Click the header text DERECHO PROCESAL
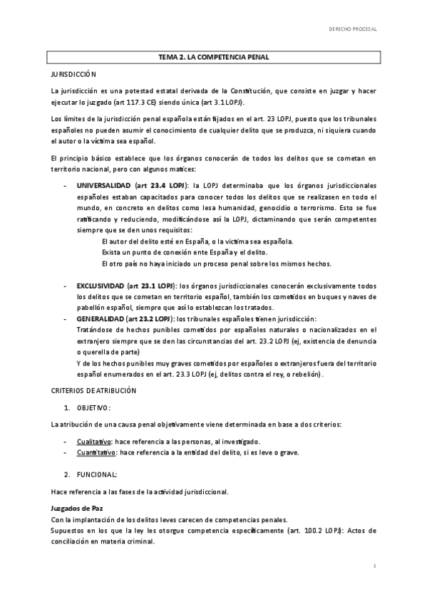coord(351,29)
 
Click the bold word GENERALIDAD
coord(100,319)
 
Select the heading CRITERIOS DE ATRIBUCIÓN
coord(93,391)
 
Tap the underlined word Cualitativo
coord(93,442)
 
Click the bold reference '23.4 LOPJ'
coord(163,184)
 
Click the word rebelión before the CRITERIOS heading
coord(307,374)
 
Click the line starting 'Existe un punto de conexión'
coord(185,252)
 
